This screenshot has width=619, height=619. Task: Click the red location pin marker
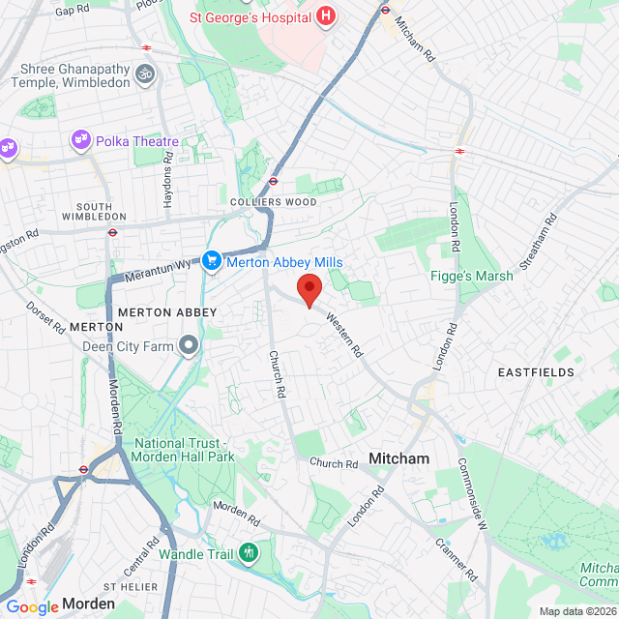pyautogui.click(x=309, y=288)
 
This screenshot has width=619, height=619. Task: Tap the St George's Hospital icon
pyautogui.click(x=325, y=16)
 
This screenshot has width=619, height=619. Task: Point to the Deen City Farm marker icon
pyautogui.click(x=188, y=345)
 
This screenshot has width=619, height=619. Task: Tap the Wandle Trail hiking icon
pyautogui.click(x=251, y=554)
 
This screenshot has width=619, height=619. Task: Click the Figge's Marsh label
pyautogui.click(x=472, y=276)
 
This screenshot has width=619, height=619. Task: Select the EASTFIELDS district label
pyautogui.click(x=536, y=372)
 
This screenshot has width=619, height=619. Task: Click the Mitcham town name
pyautogui.click(x=398, y=458)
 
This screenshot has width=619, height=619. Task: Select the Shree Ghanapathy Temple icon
pyautogui.click(x=145, y=74)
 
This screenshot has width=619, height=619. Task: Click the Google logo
pyautogui.click(x=32, y=607)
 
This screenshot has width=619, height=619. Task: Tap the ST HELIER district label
pyautogui.click(x=130, y=588)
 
